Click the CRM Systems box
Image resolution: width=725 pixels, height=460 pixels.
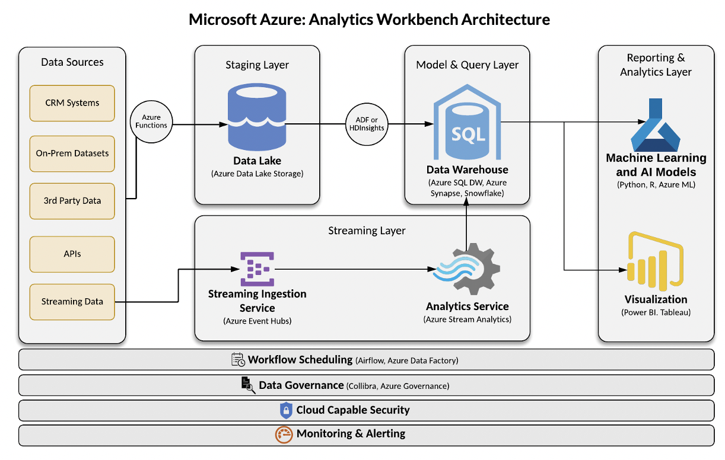72,103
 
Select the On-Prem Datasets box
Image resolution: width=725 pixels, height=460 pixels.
72,154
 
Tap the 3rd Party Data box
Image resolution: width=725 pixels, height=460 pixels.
72,201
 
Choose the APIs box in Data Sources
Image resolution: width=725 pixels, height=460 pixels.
72,254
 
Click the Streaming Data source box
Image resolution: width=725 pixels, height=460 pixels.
72,302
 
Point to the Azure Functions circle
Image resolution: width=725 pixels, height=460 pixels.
151,122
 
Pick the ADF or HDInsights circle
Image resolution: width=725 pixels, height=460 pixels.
366,124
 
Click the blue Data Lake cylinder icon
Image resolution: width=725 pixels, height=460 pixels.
257,117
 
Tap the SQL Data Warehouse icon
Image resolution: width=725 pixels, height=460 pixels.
468,123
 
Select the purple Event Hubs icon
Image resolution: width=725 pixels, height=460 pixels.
257,269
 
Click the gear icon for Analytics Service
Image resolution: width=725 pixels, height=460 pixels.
469,269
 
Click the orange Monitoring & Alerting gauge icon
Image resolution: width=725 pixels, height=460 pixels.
284,434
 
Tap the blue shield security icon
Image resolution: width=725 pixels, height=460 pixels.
287,410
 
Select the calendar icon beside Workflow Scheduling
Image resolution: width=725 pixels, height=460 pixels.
238,359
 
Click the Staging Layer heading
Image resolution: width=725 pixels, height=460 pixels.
257,65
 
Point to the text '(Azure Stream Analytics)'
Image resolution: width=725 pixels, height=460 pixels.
468,320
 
